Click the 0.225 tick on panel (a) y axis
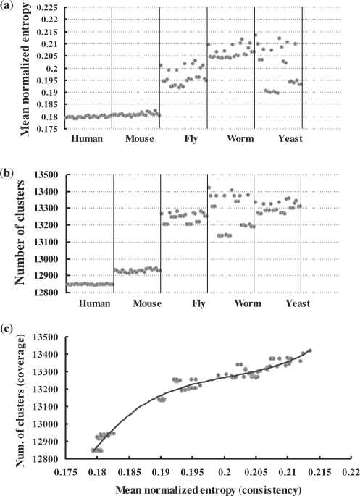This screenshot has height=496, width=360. [69, 8]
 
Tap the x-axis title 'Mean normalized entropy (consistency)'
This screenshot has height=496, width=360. [208, 488]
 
